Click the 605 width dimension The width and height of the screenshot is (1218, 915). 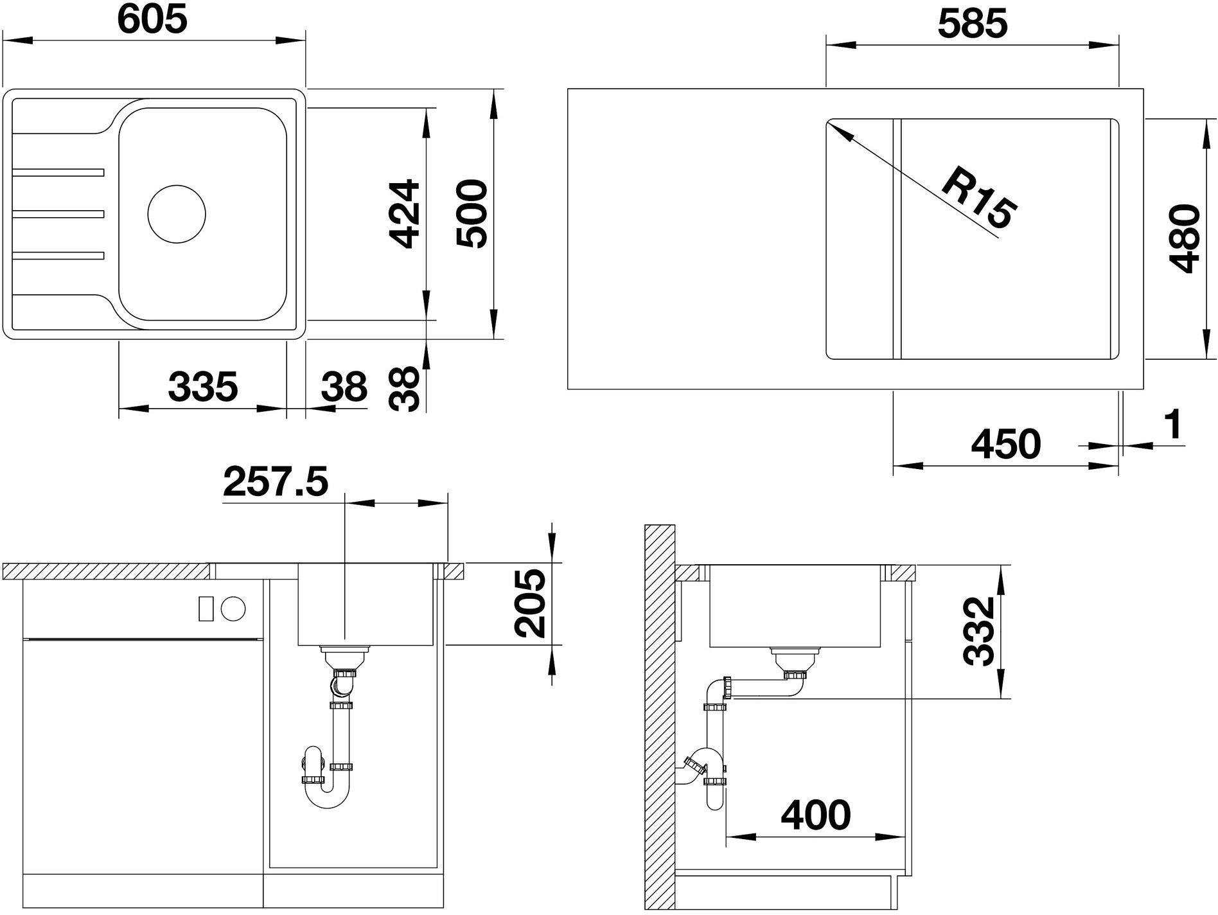(x=152, y=19)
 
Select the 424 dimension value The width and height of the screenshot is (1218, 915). (x=406, y=214)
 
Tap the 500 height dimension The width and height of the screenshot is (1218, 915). (x=472, y=214)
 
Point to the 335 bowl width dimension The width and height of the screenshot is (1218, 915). (x=203, y=387)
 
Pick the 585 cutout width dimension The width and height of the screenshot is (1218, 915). (x=973, y=24)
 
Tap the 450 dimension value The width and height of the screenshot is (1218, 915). (x=1006, y=444)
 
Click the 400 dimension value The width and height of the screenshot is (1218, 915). (x=816, y=815)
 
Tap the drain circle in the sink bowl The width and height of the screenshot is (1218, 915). (x=177, y=214)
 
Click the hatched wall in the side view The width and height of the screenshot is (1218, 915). (x=659, y=718)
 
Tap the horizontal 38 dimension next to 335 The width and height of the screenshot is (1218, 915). (x=344, y=387)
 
